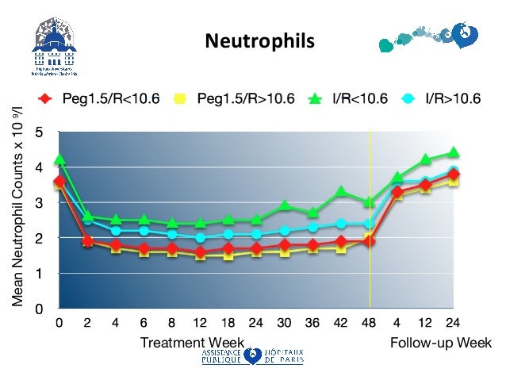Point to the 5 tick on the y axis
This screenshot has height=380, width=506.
pyautogui.click(x=39, y=132)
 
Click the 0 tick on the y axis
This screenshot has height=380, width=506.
pyautogui.click(x=39, y=309)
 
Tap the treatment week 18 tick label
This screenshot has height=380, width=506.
pyautogui.click(x=228, y=324)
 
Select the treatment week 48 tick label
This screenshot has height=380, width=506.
pyautogui.click(x=370, y=324)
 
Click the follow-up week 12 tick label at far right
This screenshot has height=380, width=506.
pyautogui.click(x=425, y=324)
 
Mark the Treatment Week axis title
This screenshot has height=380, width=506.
pyautogui.click(x=192, y=343)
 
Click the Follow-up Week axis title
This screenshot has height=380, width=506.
pyautogui.click(x=441, y=343)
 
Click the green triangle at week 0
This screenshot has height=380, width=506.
pyautogui.click(x=59, y=159)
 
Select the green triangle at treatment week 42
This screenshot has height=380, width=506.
pyautogui.click(x=341, y=191)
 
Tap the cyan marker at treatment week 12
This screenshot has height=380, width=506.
pyautogui.click(x=200, y=237)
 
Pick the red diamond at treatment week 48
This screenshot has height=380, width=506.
pyautogui.click(x=370, y=240)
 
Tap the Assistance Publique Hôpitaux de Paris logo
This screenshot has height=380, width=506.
pyautogui.click(x=251, y=356)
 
